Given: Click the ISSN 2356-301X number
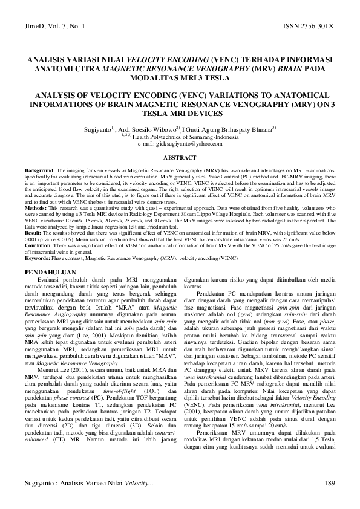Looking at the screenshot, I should tap(308, 28).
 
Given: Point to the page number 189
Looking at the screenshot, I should tap(330, 482).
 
